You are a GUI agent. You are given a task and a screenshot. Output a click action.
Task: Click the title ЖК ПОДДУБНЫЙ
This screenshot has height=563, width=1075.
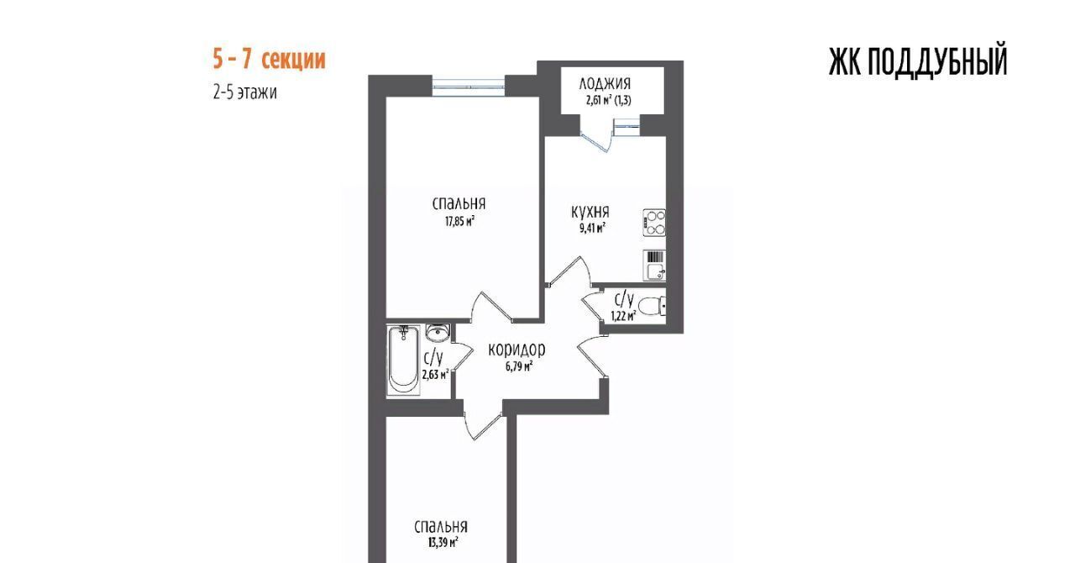[918, 61]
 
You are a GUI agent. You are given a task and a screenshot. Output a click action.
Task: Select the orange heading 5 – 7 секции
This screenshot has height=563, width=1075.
[270, 59]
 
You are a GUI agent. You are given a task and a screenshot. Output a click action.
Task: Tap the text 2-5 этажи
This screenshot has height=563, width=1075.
[244, 92]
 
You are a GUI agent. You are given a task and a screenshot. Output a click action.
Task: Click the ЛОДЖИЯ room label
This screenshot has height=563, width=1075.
[605, 83]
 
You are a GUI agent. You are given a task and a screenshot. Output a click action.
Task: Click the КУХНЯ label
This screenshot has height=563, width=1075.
[590, 212]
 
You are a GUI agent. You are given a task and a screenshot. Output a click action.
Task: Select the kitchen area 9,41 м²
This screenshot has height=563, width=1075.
[592, 228]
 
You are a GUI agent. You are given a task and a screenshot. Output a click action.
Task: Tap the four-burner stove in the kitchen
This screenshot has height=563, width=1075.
[654, 223]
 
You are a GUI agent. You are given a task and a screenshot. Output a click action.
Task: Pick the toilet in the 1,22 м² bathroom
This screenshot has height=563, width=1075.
[653, 306]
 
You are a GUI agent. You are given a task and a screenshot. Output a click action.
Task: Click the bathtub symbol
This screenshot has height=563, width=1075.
[403, 360]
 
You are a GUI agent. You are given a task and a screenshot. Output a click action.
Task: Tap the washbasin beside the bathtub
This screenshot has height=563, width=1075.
[438, 332]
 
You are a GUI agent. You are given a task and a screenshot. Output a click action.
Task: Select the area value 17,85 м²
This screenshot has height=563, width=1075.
[459, 222]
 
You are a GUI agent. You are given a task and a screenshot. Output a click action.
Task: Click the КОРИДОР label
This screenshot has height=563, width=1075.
[517, 350]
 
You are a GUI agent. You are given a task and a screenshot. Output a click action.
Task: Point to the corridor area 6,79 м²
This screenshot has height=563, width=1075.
[518, 367]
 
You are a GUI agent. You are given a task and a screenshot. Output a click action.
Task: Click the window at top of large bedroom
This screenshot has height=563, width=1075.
[469, 87]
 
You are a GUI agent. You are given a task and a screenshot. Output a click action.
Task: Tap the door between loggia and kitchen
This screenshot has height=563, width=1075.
[596, 139]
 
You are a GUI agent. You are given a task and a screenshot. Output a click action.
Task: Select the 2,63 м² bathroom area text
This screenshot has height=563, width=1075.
[435, 374]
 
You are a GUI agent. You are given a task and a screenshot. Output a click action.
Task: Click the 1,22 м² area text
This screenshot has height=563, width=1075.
[623, 316]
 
